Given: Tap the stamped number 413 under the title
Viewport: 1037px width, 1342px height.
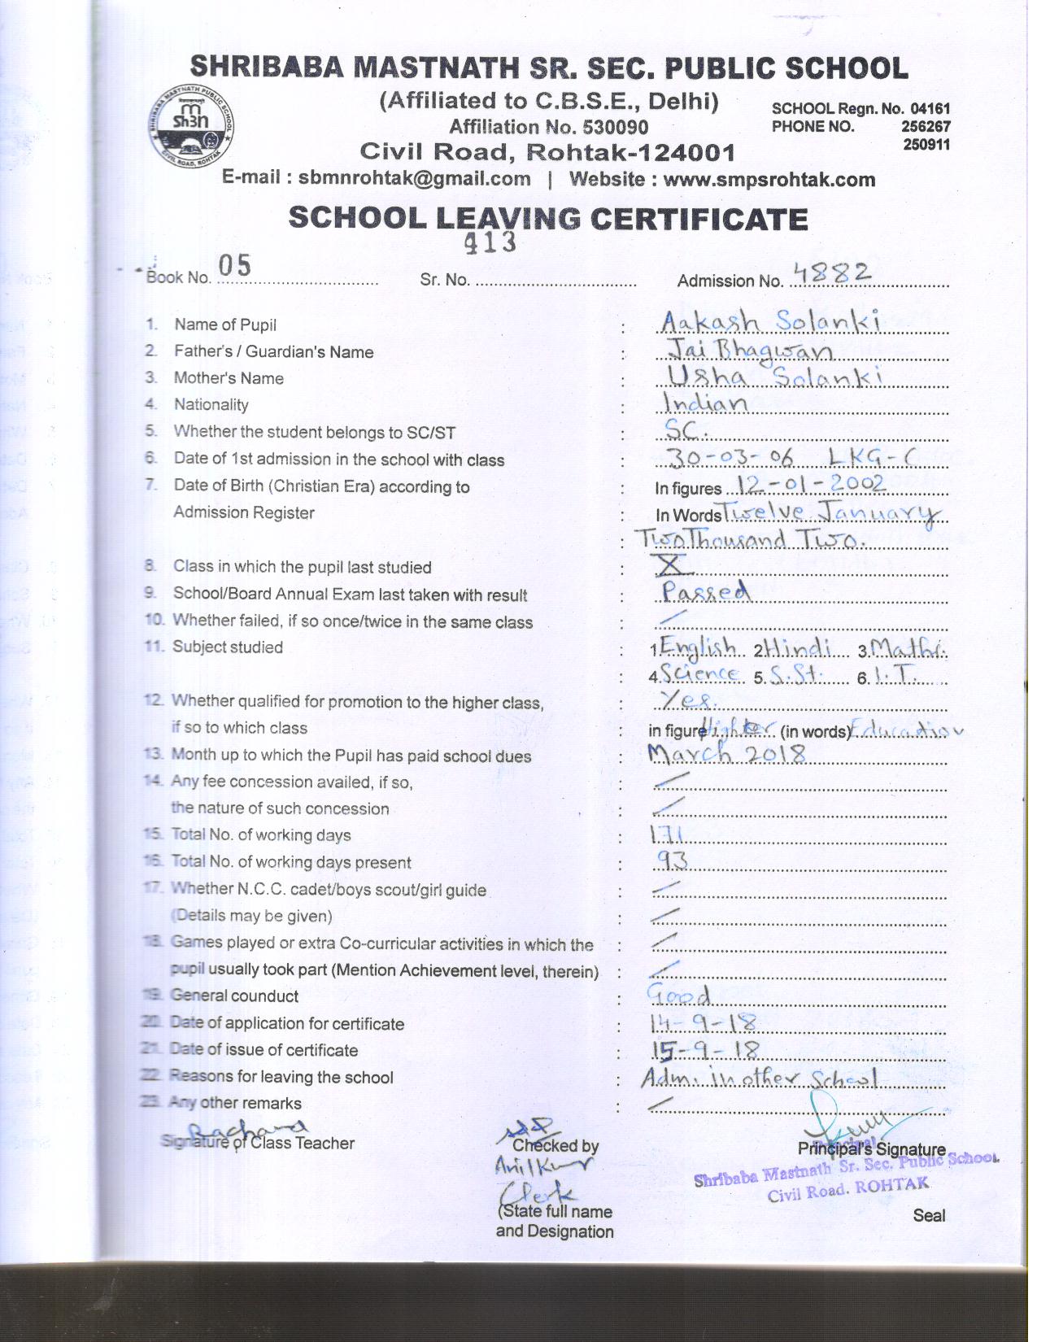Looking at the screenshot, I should pyautogui.click(x=490, y=242).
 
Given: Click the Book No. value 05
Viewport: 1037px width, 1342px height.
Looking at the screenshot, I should pyautogui.click(x=234, y=265).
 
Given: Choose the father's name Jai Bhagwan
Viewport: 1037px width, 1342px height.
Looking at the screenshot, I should pyautogui.click(x=748, y=350).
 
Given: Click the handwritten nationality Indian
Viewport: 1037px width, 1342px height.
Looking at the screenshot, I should pyautogui.click(x=705, y=403).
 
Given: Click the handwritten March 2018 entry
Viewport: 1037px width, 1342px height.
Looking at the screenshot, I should pyautogui.click(x=726, y=754).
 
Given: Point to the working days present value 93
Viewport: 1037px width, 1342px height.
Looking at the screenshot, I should pyautogui.click(x=673, y=860).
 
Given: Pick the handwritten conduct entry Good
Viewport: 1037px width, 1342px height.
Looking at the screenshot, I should pyautogui.click(x=678, y=994).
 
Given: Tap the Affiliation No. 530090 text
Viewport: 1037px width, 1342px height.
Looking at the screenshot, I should pyautogui.click(x=549, y=127).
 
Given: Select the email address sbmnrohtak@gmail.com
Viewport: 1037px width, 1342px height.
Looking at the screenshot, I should pyautogui.click(x=414, y=179).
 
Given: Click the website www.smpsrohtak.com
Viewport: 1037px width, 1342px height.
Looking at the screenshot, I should pyautogui.click(x=769, y=180).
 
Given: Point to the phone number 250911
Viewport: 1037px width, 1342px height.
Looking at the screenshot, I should pyautogui.click(x=926, y=145).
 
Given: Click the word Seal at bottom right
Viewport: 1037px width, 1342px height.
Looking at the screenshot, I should pyautogui.click(x=928, y=1215).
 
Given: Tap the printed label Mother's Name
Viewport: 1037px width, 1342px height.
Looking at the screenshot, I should pyautogui.click(x=229, y=378).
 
